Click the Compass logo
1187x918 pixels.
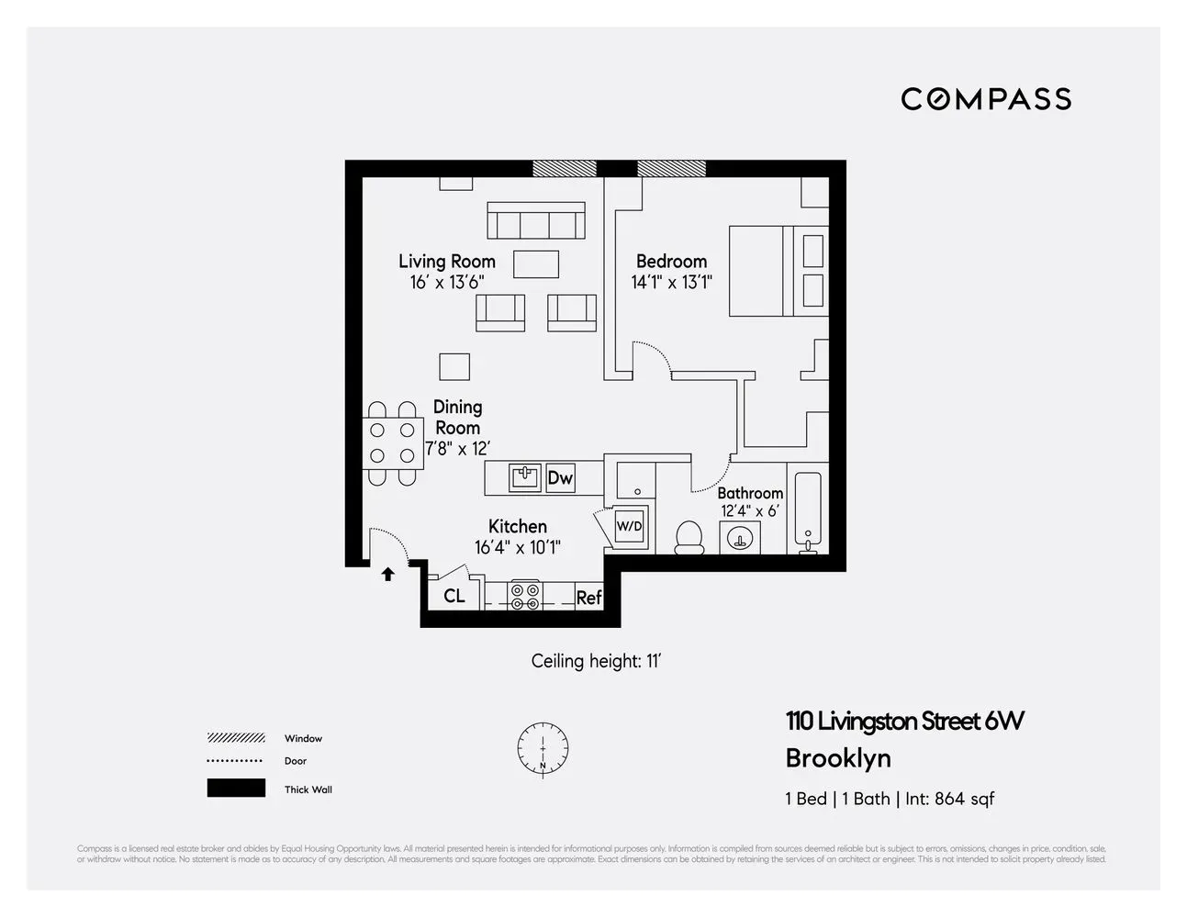[986, 99]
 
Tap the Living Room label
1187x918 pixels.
[446, 262]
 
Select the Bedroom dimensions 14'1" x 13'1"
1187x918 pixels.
[672, 283]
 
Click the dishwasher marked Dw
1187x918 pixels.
[560, 477]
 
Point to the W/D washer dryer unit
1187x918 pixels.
[630, 527]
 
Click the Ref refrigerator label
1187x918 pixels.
[588, 598]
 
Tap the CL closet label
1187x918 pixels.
[454, 596]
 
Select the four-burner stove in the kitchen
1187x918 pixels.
[525, 595]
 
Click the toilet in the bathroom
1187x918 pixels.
[689, 537]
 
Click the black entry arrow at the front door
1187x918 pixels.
[388, 574]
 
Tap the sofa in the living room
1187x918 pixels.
[536, 221]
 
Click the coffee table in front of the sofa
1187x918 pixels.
[536, 264]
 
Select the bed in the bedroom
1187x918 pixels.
[778, 271]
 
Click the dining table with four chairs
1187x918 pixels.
[393, 442]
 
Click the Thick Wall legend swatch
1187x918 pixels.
[236, 789]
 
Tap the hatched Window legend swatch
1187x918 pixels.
[236, 738]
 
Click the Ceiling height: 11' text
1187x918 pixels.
[596, 661]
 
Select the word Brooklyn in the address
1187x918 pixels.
[838, 758]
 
